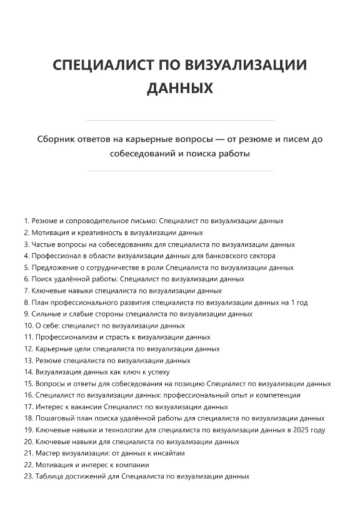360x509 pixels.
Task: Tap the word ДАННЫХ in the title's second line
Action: click(180, 89)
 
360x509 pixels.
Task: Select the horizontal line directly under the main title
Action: click(180, 120)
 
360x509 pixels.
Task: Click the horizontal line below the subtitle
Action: click(180, 171)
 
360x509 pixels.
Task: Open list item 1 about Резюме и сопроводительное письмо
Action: click(154, 221)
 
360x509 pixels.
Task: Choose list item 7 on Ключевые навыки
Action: click(122, 291)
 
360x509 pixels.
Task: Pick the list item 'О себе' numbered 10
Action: click(104, 326)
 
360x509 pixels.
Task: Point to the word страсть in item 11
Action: click(101, 337)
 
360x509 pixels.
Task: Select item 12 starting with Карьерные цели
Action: click(122, 349)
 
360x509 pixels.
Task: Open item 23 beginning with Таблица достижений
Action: click(137, 476)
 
